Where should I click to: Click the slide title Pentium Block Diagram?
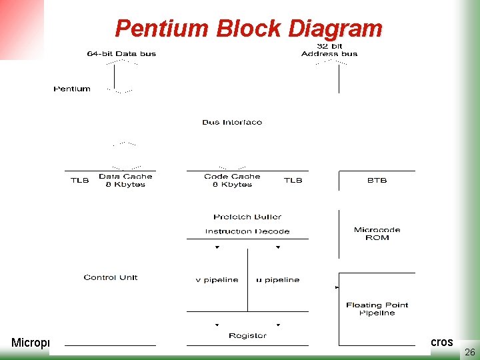[x=249, y=29]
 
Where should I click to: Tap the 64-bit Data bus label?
[x=121, y=53]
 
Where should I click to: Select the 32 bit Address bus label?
[x=329, y=50]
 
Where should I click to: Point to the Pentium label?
[x=72, y=89]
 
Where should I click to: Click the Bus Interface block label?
[x=232, y=122]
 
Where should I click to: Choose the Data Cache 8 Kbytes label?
[x=125, y=180]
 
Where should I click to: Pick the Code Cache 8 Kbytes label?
[x=232, y=180]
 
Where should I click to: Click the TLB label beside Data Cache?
[x=79, y=180]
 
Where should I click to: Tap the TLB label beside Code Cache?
[x=293, y=180]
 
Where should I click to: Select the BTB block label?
[x=377, y=180]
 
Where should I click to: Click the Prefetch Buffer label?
[x=247, y=217]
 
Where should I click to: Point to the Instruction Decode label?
[x=247, y=231]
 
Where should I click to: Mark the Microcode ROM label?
[x=377, y=233]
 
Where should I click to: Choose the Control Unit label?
[x=110, y=277]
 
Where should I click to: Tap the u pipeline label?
[x=277, y=280]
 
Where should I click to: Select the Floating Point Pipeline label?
[x=377, y=309]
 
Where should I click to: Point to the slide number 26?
[x=469, y=351]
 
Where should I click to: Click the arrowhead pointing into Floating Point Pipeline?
[x=337, y=288]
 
